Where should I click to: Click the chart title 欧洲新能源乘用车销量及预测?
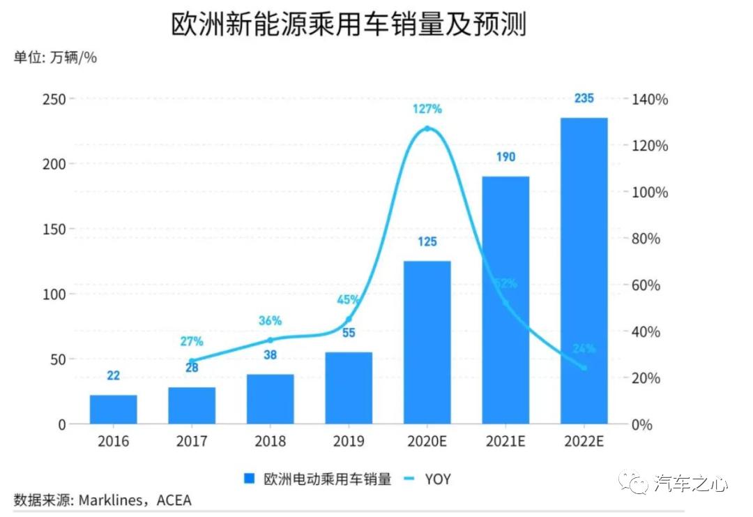tap(348, 25)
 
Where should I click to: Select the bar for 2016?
tap(114, 410)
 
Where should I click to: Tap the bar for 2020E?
tap(427, 342)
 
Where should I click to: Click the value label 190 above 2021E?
tap(505, 157)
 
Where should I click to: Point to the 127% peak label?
tap(427, 109)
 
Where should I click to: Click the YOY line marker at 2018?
tap(271, 340)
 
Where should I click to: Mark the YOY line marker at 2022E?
tap(584, 368)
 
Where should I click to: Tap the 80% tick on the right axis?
tap(650, 239)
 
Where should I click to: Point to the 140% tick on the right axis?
tap(650, 99)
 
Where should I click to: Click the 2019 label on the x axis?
tap(349, 442)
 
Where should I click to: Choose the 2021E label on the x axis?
tap(505, 442)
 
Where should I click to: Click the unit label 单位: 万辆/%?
tap(55, 58)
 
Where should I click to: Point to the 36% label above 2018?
tap(270, 321)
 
